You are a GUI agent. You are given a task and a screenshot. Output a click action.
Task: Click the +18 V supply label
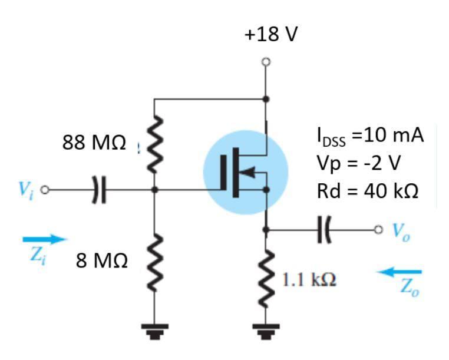coord(271,35)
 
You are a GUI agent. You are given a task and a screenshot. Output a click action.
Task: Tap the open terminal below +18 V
coord(266,61)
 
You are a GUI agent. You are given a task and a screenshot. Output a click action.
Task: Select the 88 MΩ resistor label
coord(94,143)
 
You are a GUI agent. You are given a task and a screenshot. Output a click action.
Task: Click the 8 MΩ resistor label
coord(101,260)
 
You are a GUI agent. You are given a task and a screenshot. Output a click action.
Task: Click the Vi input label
coord(23,189)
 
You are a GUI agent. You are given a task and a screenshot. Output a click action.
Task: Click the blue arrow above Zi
coord(45,239)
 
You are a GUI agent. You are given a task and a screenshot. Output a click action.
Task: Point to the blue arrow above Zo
coord(400,272)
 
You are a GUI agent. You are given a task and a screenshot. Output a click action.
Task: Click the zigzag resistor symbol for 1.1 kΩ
coord(266,277)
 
